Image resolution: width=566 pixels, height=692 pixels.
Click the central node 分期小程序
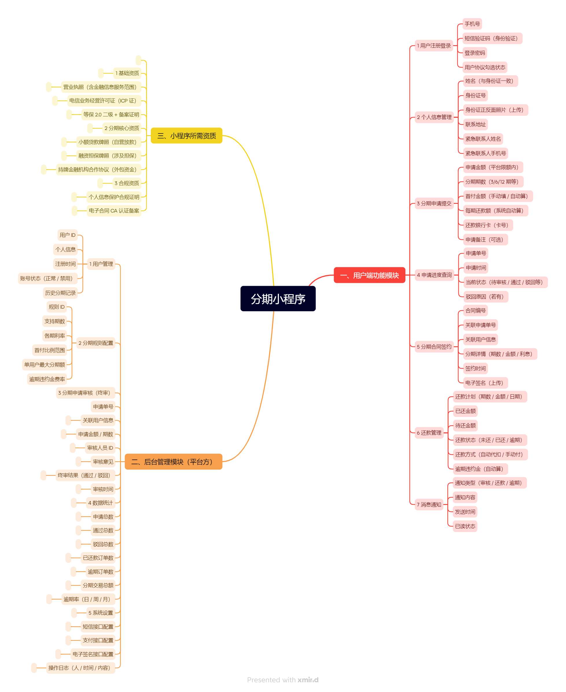click(x=278, y=299)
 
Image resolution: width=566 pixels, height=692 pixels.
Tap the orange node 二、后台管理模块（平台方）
click(x=173, y=461)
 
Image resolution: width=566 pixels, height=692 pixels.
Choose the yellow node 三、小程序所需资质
click(x=186, y=136)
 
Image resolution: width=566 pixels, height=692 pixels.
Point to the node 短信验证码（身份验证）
click(x=492, y=38)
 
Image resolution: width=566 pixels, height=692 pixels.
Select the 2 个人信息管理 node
click(x=434, y=117)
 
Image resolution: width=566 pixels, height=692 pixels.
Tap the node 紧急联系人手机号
click(x=485, y=153)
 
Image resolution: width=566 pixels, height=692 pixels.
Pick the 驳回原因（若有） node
click(x=486, y=296)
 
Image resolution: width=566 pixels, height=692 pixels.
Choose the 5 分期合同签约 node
click(x=434, y=346)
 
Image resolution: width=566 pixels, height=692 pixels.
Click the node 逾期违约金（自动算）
click(x=480, y=468)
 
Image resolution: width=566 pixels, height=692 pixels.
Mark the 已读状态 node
click(x=465, y=526)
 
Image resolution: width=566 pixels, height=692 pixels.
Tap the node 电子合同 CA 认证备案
click(x=114, y=210)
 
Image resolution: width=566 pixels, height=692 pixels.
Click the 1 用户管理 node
click(x=101, y=263)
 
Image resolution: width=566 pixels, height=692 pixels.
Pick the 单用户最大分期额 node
click(x=44, y=364)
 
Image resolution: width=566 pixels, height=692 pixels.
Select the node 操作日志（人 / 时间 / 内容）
click(x=80, y=667)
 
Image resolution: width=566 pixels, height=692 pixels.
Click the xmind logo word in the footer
click(x=308, y=680)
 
